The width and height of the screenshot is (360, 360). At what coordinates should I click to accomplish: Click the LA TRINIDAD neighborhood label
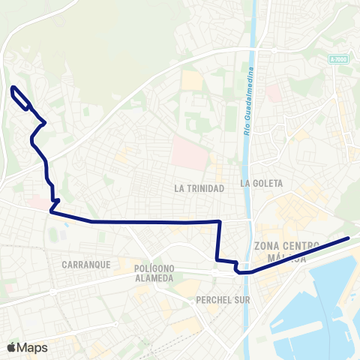pyautogui.click(x=199, y=188)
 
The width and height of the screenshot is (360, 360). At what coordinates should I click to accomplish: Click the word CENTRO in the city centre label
pyautogui.click(x=304, y=245)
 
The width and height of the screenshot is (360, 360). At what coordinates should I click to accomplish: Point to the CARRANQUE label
pyautogui.click(x=87, y=265)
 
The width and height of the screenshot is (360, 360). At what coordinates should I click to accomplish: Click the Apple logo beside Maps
pyautogui.click(x=11, y=347)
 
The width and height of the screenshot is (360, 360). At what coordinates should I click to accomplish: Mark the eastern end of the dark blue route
pyautogui.click(x=349, y=238)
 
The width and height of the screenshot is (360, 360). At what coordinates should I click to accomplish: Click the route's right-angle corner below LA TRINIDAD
pyautogui.click(x=219, y=222)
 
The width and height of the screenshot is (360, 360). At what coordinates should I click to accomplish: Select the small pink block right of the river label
pyautogui.click(x=272, y=93)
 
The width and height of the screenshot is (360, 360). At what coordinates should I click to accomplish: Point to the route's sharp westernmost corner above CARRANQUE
pyautogui.click(x=51, y=212)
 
